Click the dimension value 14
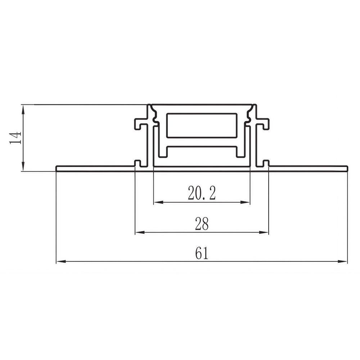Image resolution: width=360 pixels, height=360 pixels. point(15,138)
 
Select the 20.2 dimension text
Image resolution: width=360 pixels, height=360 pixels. point(202,193)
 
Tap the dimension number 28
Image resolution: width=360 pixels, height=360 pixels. point(202,224)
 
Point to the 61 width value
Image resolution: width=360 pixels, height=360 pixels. point(202,253)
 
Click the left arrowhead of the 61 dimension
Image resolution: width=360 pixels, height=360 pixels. point(61,261)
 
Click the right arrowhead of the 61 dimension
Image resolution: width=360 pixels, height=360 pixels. point(343,261)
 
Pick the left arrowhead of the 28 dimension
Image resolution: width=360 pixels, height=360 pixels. point(140,232)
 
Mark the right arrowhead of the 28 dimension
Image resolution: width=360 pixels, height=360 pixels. point(264,232)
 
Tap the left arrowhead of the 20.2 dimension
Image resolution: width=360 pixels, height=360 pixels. point(158,202)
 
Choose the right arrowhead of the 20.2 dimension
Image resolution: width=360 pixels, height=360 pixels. point(245,202)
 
